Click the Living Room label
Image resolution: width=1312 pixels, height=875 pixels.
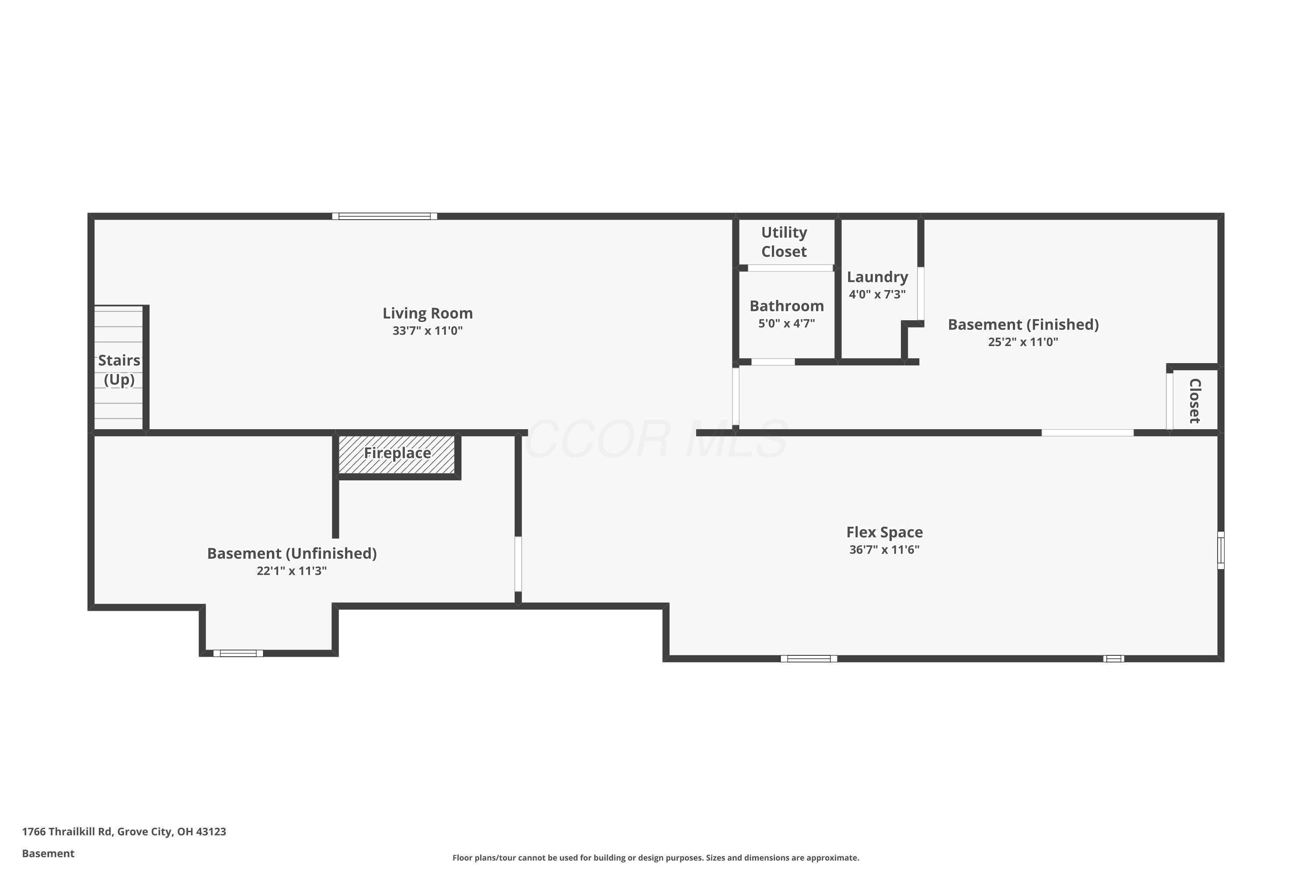[427, 313]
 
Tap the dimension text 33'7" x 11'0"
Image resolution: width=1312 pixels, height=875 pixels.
[427, 331]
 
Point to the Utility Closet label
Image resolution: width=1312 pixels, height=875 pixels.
[784, 241]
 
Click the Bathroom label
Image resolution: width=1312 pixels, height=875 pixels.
[786, 306]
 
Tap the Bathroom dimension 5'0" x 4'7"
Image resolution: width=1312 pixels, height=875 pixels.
[786, 324]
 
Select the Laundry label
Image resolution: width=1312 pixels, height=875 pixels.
[877, 277]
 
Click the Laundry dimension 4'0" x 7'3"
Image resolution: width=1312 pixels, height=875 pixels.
[877, 294]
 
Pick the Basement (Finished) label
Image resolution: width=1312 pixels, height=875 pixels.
[1023, 324]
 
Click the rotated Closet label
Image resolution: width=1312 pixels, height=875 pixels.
[1194, 401]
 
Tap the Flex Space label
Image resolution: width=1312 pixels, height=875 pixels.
[884, 532]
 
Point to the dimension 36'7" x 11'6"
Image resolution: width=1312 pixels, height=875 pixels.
[884, 549]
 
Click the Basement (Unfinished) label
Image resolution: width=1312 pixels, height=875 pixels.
[292, 553]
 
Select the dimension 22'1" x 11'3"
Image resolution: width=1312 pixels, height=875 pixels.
[292, 571]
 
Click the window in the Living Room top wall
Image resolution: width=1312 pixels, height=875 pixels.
[384, 217]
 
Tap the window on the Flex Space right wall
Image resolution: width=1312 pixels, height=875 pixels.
[1221, 550]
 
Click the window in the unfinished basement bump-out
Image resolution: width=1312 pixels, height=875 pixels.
[238, 653]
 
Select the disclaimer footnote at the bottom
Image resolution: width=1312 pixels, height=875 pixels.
[656, 857]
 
